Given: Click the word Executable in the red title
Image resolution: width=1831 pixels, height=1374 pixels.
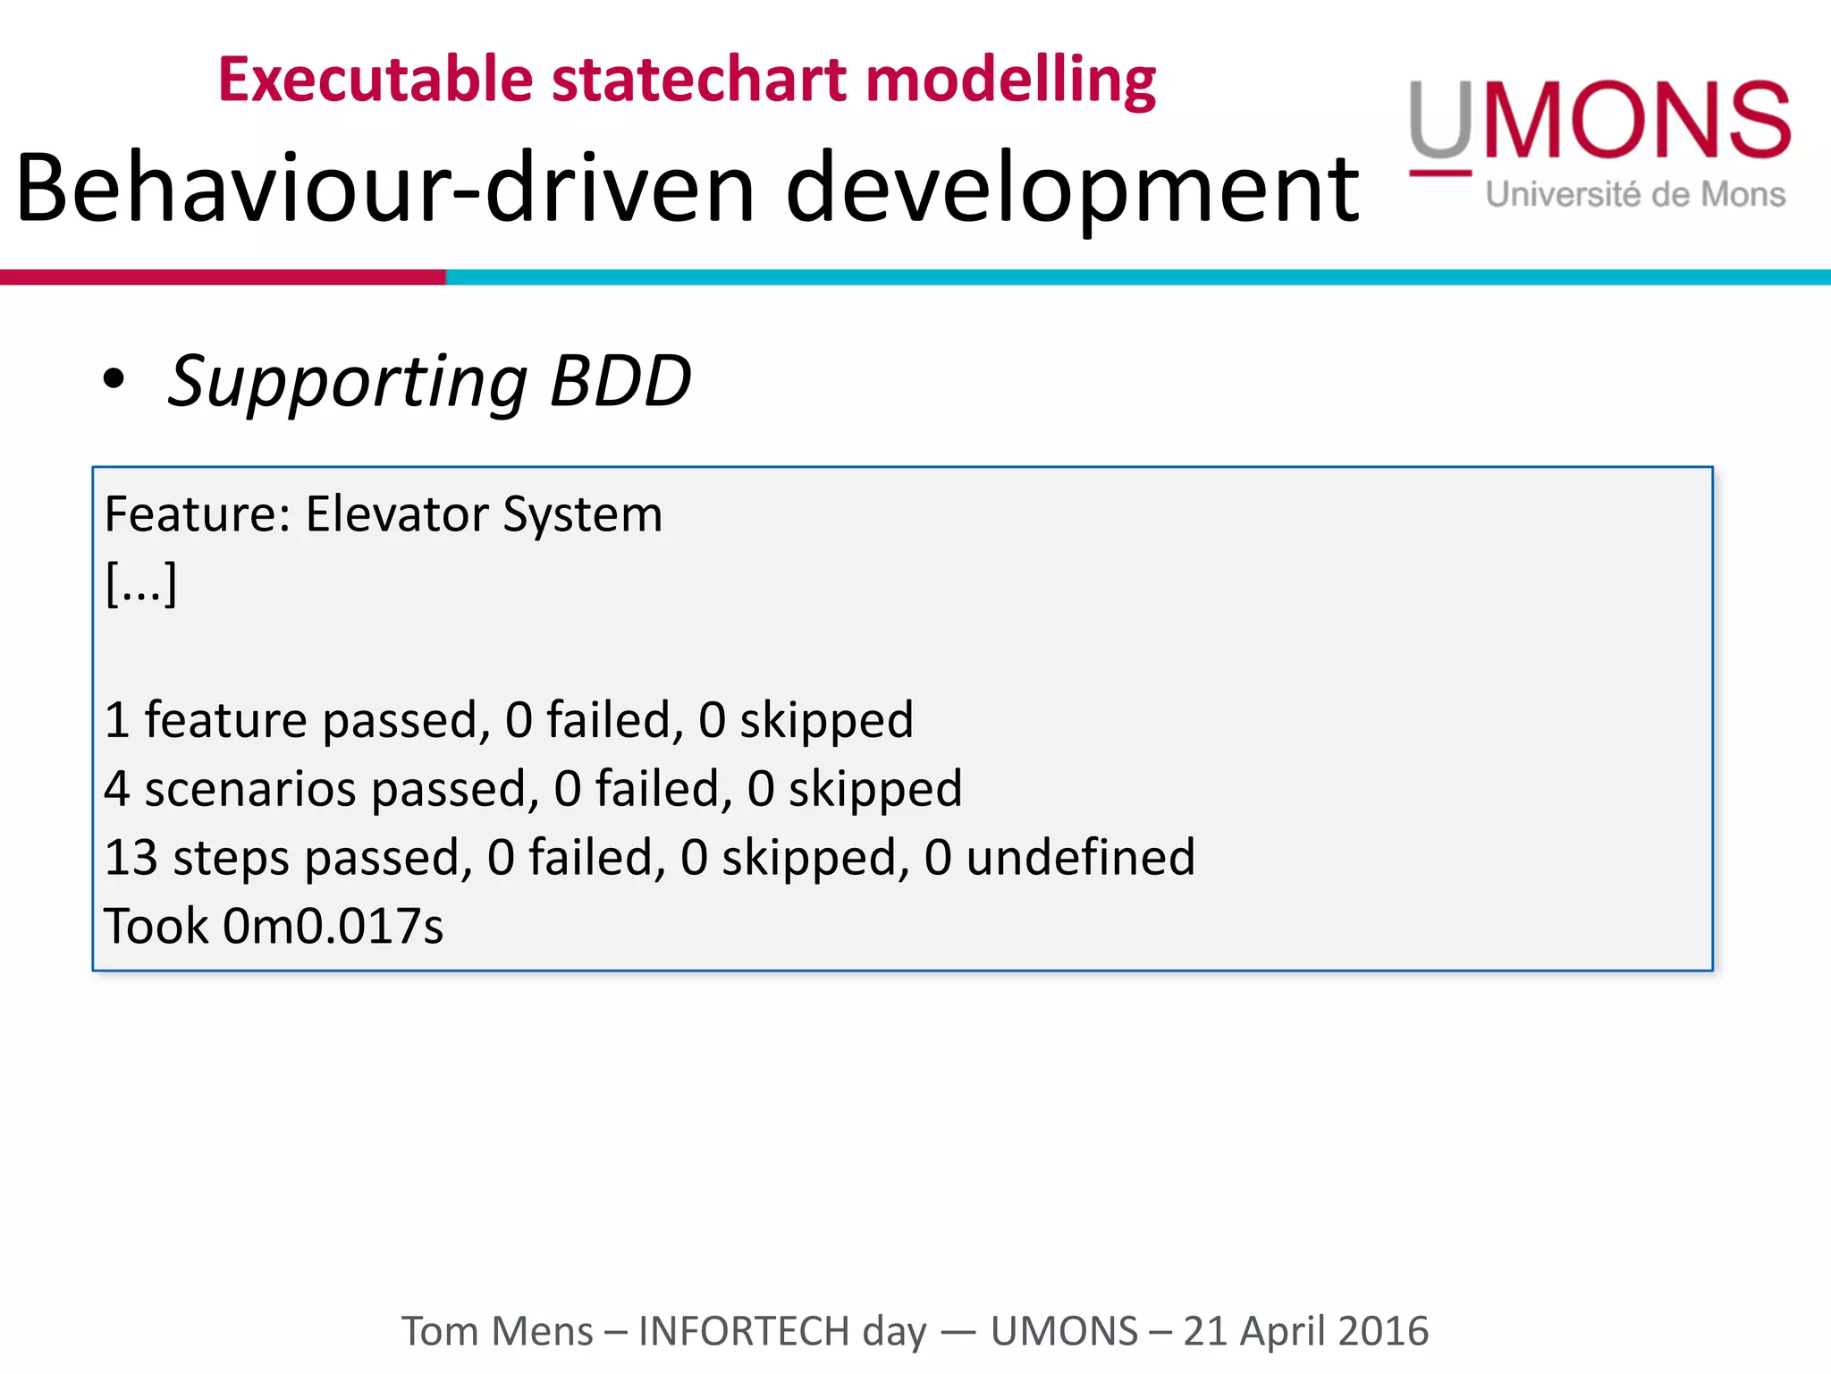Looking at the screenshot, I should point(375,81).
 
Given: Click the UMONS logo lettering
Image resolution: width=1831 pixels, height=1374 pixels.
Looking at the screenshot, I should point(1600,121).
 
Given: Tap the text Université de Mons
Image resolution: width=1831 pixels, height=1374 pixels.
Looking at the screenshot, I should point(1635,194).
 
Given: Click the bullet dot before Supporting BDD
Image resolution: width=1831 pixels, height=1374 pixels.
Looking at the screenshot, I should point(114,379).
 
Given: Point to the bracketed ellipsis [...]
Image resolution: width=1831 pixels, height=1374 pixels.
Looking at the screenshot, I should point(141,583).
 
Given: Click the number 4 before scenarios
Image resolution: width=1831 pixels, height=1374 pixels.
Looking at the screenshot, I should point(117,789).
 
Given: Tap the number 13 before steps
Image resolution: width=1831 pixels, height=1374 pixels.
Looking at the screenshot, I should point(131,857).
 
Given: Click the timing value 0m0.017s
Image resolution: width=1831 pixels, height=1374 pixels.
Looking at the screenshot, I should point(333,926).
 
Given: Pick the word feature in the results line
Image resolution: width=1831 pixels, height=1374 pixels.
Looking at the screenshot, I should point(225,720).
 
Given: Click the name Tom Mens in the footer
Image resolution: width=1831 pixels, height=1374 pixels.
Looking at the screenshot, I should point(496,1331).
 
